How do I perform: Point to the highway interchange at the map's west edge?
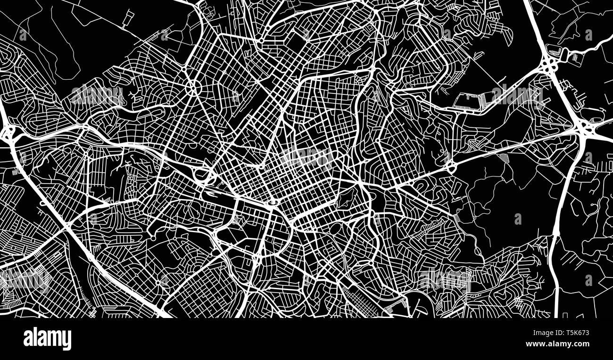8,134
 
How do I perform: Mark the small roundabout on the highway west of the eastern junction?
450,166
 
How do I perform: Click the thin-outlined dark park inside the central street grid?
346,197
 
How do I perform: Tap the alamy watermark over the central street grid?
307,156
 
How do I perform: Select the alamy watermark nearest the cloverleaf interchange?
517,96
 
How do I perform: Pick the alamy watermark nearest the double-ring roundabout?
98,95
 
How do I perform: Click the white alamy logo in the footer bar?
47,339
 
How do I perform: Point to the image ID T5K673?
572,333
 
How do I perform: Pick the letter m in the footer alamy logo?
55,339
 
